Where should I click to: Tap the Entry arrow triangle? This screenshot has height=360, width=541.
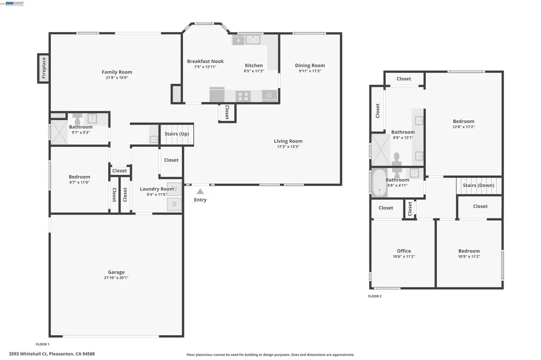pos(200,192)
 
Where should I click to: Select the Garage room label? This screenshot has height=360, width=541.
pos(116,272)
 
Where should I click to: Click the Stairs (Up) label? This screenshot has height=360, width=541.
pos(176,134)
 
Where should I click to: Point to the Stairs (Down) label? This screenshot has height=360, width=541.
pos(478,185)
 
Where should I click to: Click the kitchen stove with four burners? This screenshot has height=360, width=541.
pos(243,96)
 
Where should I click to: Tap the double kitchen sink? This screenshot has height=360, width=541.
pos(247,39)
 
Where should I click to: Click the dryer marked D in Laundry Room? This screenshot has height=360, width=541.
pos(175,203)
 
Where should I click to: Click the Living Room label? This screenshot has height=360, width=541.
pos(288,141)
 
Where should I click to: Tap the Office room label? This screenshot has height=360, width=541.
pos(404,251)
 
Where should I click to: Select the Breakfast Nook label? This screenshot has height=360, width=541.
pos(205,61)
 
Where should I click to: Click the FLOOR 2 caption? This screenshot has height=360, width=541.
pos(375,296)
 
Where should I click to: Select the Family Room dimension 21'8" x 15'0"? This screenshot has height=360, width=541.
pos(117,78)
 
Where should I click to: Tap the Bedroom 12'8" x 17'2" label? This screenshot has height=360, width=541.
pos(463,121)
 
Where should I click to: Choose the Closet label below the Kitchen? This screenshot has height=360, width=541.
pos(227,112)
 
